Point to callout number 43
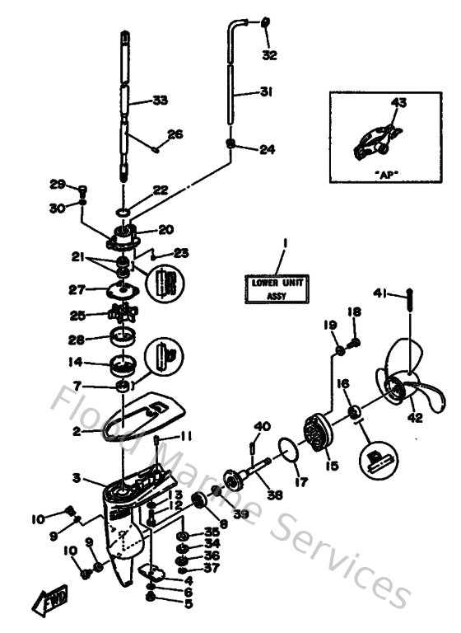coord(398,104)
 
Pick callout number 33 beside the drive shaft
coord(159,101)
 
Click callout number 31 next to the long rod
coord(263,92)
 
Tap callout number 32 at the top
coord(270,55)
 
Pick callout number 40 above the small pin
coord(263,425)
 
